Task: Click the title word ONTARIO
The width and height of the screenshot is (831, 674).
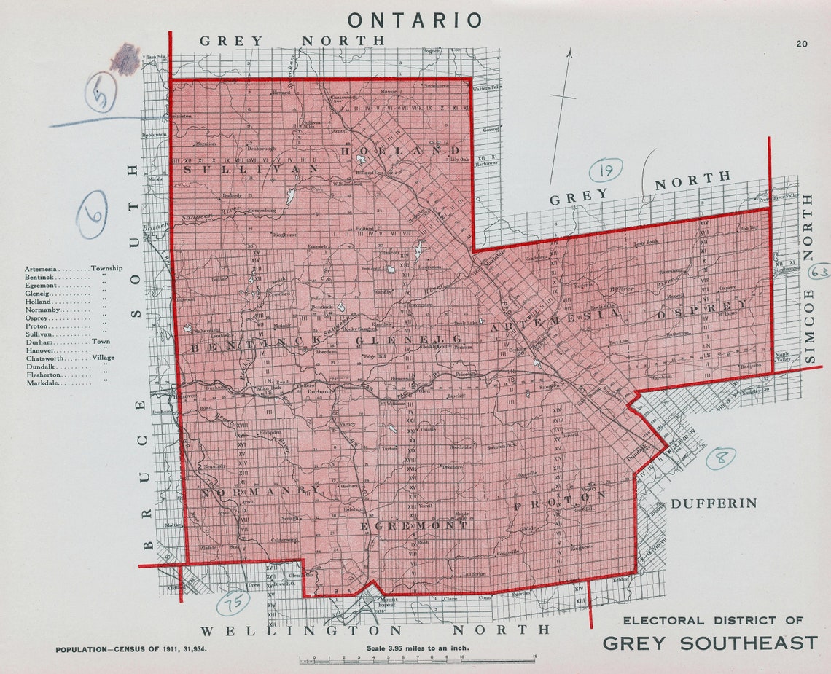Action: pos(415,20)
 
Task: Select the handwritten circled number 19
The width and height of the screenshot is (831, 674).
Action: pos(605,171)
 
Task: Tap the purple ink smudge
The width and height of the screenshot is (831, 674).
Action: pos(126,60)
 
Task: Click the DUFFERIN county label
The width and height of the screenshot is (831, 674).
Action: pos(714,503)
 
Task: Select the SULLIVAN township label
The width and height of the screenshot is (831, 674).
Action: pos(251,169)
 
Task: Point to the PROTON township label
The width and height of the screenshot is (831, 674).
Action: pos(560,501)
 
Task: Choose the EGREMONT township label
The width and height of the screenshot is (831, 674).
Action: pos(415,525)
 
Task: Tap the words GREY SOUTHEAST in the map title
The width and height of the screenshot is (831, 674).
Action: pos(710,643)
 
